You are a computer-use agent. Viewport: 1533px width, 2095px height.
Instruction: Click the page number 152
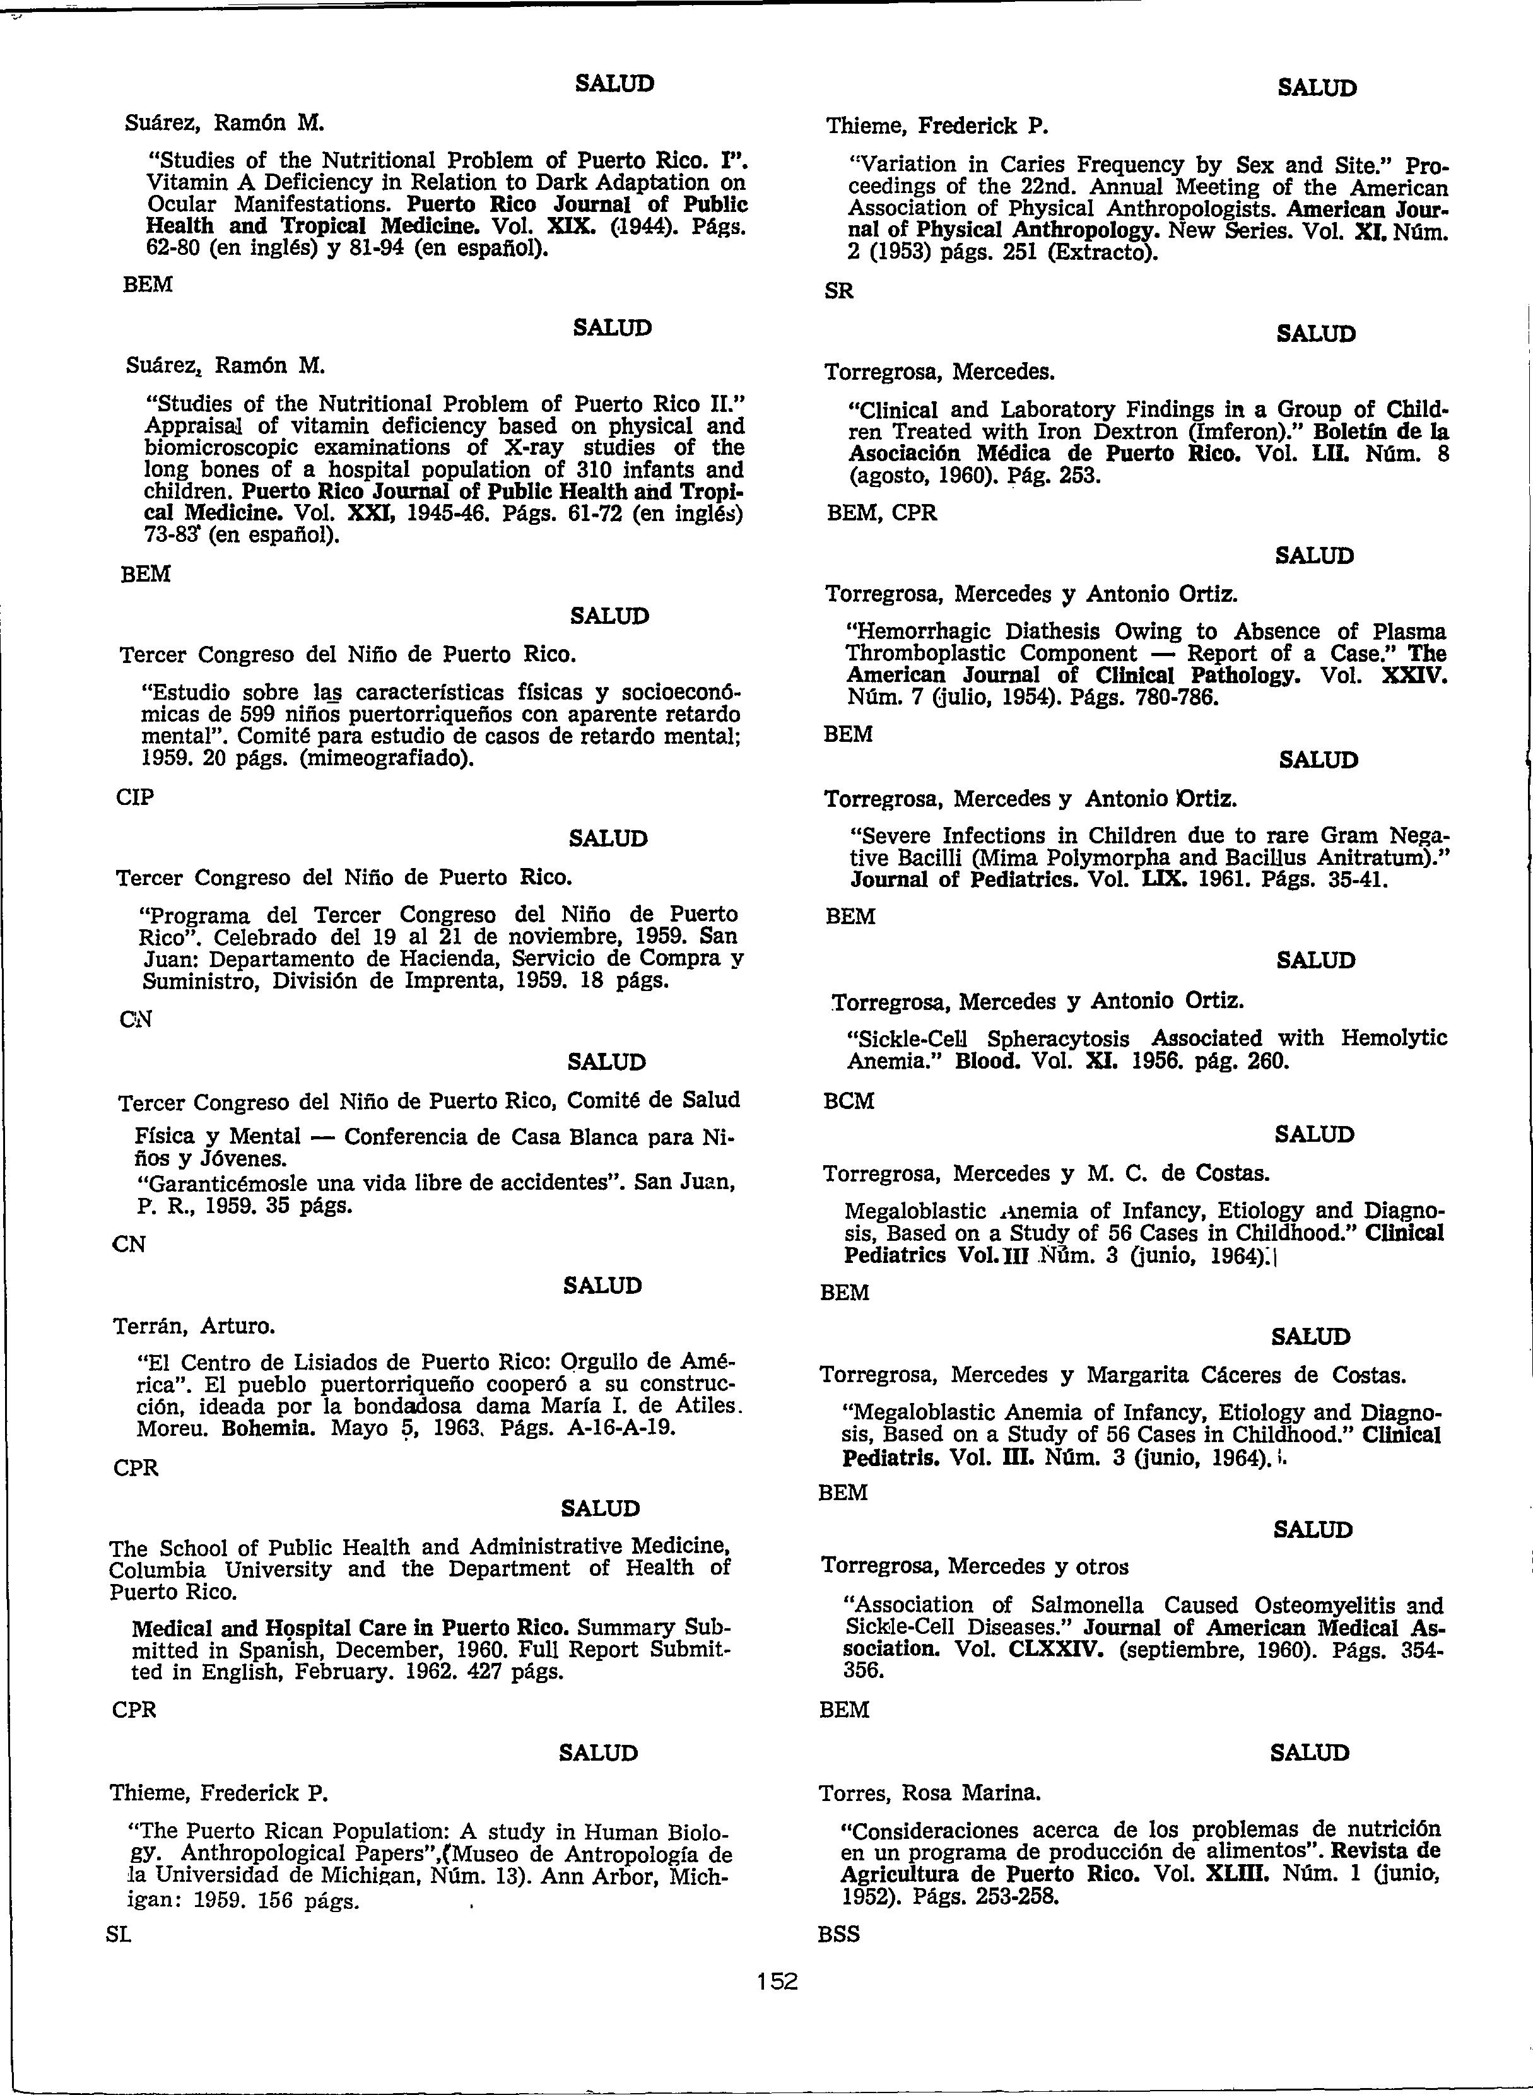click(777, 1982)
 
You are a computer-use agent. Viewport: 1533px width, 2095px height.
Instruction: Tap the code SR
click(839, 291)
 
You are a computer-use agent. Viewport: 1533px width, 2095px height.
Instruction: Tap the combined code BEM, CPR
click(881, 513)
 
